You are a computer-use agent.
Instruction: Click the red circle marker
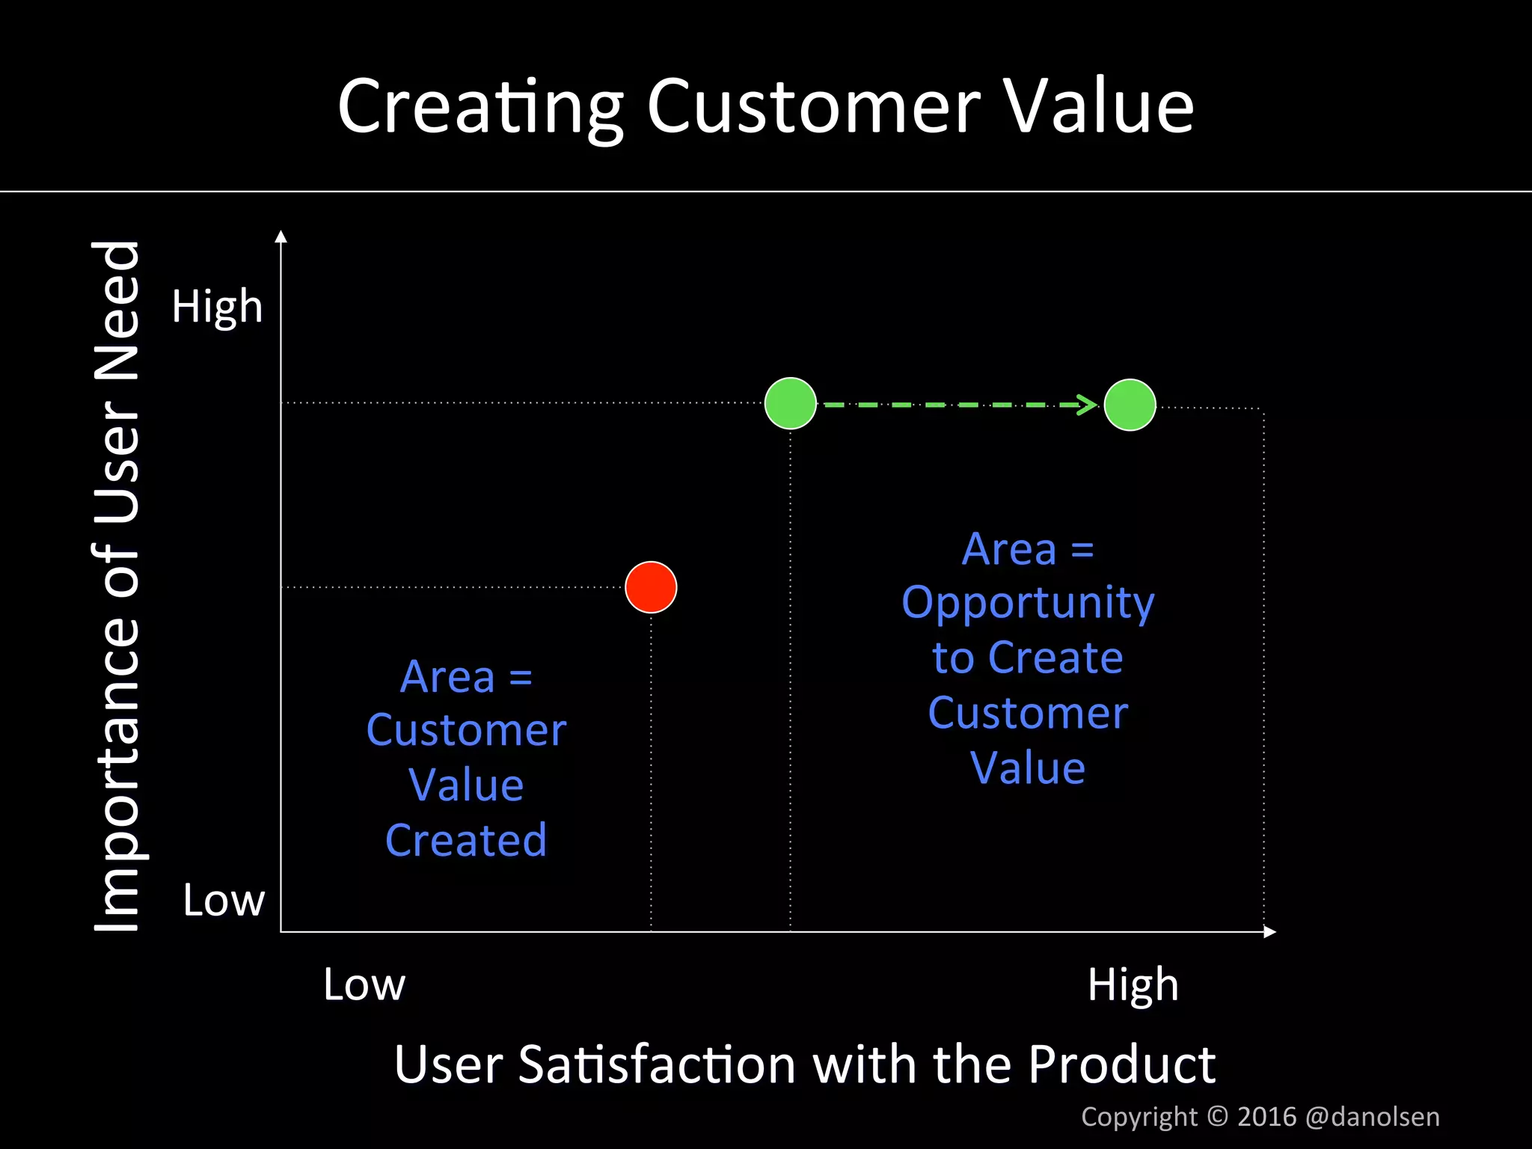651,587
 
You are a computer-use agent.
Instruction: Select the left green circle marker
791,403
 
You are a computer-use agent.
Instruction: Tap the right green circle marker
1130,405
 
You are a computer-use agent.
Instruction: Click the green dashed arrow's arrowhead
1088,405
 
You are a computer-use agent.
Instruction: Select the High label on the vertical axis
217,306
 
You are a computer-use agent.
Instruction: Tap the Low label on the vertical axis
224,900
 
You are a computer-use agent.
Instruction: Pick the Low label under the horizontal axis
364,984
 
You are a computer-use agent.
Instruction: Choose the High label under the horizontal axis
1133,984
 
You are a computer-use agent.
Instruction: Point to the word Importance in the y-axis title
117,756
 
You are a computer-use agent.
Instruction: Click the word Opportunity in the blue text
1028,603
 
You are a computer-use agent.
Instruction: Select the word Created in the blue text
466,840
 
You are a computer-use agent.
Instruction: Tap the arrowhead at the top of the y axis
281,237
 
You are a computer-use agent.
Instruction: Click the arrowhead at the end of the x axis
1269,931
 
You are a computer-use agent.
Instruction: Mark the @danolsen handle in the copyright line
1372,1117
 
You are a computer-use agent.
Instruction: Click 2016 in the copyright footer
1266,1117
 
